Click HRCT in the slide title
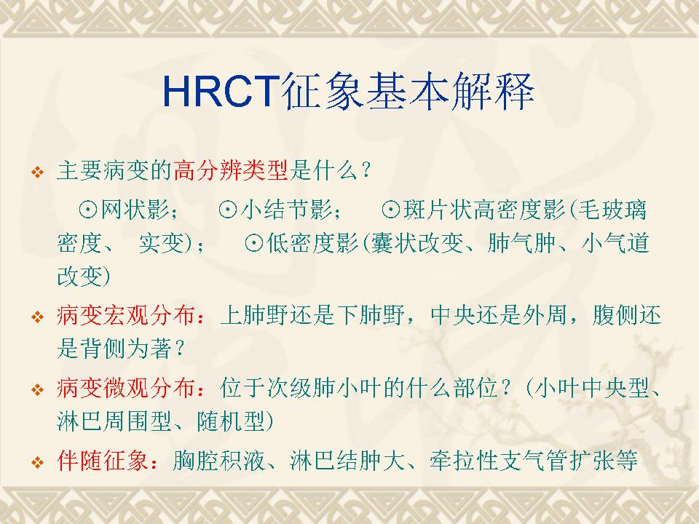pyautogui.click(x=221, y=92)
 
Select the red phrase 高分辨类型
pyautogui.click(x=231, y=170)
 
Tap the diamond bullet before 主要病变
pyautogui.click(x=38, y=172)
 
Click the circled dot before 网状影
pyautogui.click(x=88, y=210)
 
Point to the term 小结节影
pyautogui.click(x=287, y=210)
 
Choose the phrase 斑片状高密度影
pyautogui.click(x=484, y=210)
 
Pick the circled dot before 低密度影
pyautogui.click(x=253, y=243)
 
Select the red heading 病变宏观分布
pyautogui.click(x=126, y=315)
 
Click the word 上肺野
pyautogui.click(x=255, y=315)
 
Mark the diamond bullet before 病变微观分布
pyautogui.click(x=38, y=389)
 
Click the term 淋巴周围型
pyautogui.click(x=114, y=421)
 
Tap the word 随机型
pyautogui.click(x=231, y=421)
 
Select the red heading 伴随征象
pyautogui.click(x=103, y=460)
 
